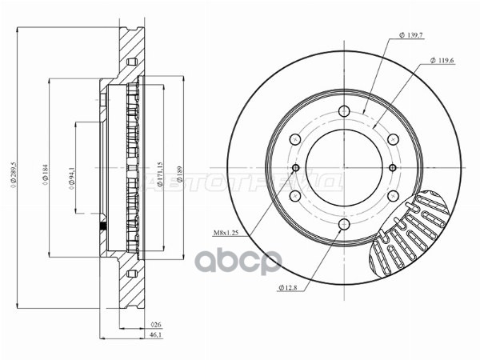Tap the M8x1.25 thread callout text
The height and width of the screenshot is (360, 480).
coord(228,233)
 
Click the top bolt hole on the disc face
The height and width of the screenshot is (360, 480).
coord(344,111)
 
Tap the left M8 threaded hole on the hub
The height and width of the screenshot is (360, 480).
coord(295,168)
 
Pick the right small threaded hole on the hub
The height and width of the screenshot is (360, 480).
coord(393,168)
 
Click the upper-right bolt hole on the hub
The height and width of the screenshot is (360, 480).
coord(393,139)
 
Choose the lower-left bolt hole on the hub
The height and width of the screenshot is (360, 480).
coord(295,196)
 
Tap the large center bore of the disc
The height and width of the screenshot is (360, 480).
coord(344,168)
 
